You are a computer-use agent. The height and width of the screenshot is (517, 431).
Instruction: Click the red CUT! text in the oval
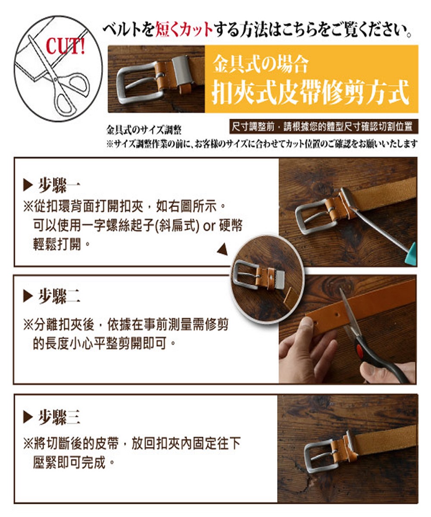pyautogui.click(x=66, y=46)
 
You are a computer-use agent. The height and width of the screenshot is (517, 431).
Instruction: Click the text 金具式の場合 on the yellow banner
pyautogui.click(x=260, y=64)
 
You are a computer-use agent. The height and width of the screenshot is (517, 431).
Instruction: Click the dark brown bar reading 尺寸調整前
pyautogui.click(x=324, y=127)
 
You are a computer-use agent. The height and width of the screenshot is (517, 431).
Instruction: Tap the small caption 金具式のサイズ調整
pyautogui.click(x=144, y=130)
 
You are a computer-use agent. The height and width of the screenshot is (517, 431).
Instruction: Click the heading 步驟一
pyautogui.click(x=59, y=185)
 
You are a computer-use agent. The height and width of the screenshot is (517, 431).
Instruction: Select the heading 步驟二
pyautogui.click(x=59, y=296)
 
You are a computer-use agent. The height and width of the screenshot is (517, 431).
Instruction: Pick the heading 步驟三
pyautogui.click(x=59, y=417)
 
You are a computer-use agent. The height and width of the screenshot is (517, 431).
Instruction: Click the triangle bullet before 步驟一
pyautogui.click(x=28, y=185)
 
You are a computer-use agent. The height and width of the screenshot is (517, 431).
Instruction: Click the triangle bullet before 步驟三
pyautogui.click(x=28, y=417)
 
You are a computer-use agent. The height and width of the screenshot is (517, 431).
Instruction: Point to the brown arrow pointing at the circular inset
pyautogui.click(x=223, y=249)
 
